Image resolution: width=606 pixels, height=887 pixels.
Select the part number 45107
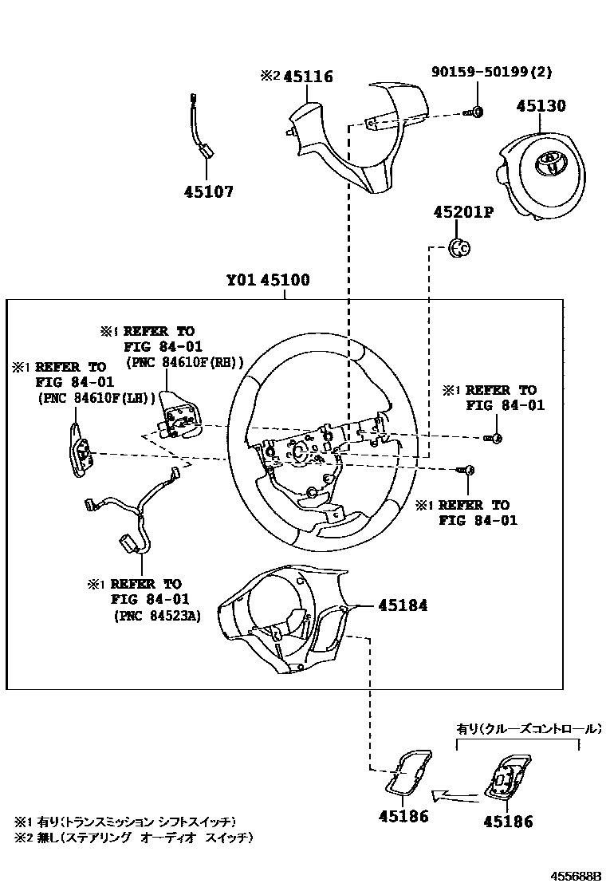[x=208, y=191]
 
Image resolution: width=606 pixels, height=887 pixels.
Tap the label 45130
[x=540, y=106]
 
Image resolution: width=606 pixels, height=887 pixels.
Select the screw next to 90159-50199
[x=474, y=112]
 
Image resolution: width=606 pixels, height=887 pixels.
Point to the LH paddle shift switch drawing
[x=80, y=447]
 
